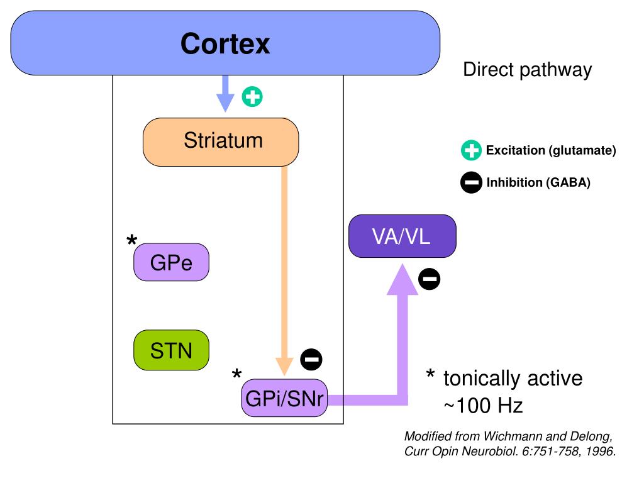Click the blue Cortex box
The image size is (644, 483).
click(x=225, y=43)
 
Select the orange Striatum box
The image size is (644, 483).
click(x=221, y=142)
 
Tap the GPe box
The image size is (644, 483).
click(x=171, y=262)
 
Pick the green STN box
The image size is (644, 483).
click(x=171, y=350)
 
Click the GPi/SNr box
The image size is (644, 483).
click(x=284, y=398)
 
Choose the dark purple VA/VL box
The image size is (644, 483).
click(x=402, y=236)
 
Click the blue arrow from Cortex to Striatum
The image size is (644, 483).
click(x=225, y=94)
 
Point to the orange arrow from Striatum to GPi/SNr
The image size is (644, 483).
click(x=284, y=271)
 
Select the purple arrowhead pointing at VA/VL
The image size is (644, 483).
click(x=402, y=280)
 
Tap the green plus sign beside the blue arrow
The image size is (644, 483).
click(x=252, y=97)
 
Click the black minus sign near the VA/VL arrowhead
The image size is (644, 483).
click(x=429, y=279)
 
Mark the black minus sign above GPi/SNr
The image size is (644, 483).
click(x=311, y=360)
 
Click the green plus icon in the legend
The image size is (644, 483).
click(x=471, y=150)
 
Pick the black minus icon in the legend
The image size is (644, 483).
click(x=471, y=182)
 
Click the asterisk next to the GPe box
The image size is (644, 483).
click(x=132, y=240)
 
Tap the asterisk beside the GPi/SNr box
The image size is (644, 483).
click(x=237, y=374)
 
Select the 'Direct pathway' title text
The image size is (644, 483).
click(x=528, y=70)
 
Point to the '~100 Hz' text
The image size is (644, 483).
click(x=483, y=406)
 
